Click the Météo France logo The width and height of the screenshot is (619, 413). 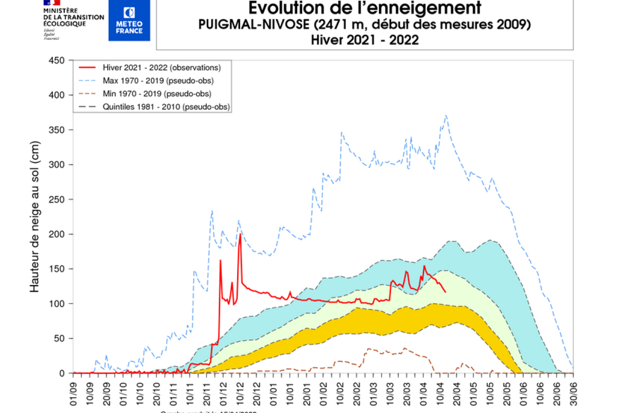tap(129, 20)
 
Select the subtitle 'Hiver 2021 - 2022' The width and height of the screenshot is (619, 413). tap(365, 39)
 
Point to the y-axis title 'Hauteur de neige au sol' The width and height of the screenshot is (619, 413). tap(35, 217)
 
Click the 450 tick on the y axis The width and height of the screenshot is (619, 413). tap(57, 60)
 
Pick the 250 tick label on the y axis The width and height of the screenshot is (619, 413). tap(57, 199)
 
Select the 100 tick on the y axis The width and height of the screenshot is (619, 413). tap(57, 304)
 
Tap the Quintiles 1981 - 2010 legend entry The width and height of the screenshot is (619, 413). tap(166, 107)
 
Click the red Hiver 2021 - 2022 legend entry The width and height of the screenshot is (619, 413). tap(162, 67)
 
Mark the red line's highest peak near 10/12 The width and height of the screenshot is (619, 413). tap(240, 234)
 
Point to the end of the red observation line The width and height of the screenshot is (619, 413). tap(445, 292)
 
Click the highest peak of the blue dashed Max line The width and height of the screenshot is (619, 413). tap(446, 116)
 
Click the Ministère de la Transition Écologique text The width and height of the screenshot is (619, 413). tap(73, 17)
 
